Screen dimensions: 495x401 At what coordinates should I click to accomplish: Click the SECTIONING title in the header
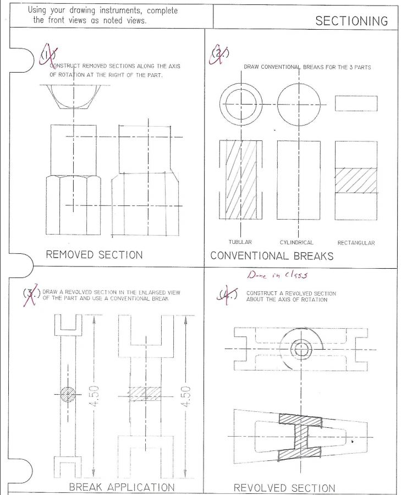coord(351,21)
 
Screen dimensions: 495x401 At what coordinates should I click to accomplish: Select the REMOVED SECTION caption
coord(94,255)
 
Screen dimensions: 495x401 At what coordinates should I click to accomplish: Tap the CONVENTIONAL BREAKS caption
coord(272,256)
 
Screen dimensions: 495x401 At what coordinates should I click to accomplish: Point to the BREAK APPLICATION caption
coord(122,487)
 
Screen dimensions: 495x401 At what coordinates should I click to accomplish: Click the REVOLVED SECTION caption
coord(284,488)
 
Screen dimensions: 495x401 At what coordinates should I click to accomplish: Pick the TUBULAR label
coord(240,242)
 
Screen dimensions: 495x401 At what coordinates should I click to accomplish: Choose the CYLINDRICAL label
coord(296,242)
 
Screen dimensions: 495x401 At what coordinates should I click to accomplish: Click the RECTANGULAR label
coord(356,243)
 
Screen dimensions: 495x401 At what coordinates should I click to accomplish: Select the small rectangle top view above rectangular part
coord(356,104)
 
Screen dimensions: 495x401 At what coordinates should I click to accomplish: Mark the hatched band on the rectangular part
coord(356,181)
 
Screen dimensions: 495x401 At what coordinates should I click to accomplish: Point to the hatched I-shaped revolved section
coord(300,435)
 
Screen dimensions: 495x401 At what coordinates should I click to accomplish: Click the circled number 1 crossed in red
coord(48,55)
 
